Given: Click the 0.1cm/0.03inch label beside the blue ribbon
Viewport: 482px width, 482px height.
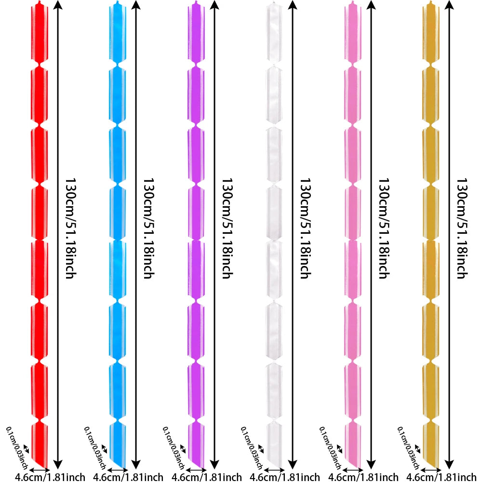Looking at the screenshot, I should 95,448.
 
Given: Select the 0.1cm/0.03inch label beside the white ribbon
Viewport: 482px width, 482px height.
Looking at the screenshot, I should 252,448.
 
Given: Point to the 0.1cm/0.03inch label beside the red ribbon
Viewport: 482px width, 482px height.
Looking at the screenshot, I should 17,448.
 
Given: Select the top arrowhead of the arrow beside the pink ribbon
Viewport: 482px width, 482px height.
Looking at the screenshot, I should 371,5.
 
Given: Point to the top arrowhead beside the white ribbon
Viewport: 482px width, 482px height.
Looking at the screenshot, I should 293,5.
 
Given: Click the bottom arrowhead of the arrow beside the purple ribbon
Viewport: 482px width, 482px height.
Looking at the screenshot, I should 214,466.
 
